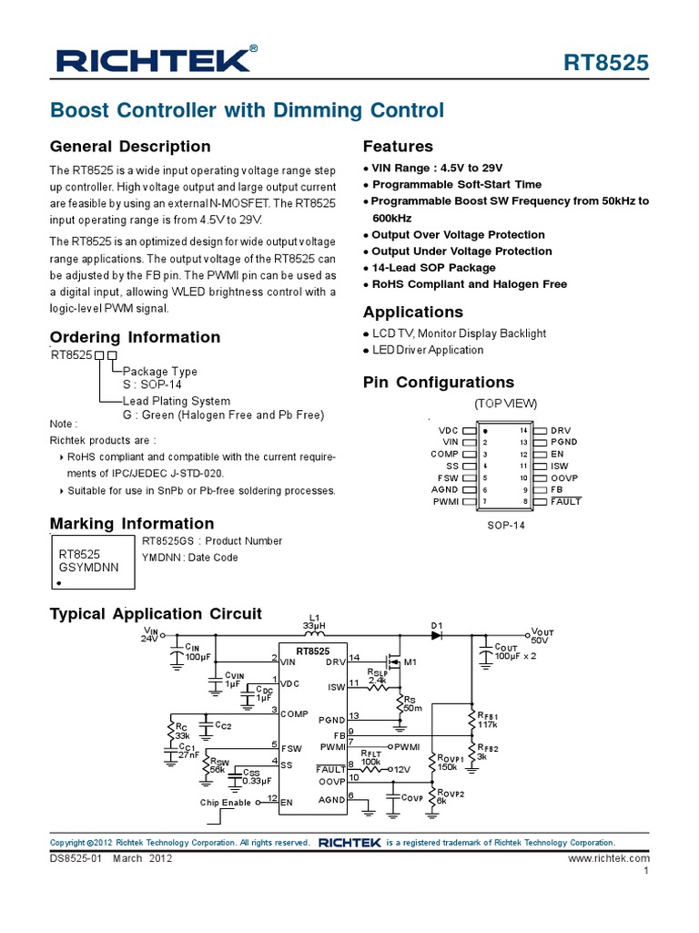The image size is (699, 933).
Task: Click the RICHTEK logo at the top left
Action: point(153,61)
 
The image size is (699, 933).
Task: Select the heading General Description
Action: point(130,147)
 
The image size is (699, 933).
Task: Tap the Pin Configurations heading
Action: point(438,382)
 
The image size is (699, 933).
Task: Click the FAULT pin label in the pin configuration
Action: point(565,501)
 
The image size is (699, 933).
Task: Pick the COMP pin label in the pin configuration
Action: point(445,453)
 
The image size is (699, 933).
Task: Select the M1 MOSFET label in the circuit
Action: point(410,661)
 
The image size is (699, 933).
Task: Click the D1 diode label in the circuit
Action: point(437,624)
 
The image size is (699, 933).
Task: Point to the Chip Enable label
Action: point(226,803)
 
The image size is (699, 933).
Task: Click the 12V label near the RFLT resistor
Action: point(403,770)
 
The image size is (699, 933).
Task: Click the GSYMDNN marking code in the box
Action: point(88,567)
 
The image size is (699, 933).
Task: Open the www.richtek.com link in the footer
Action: point(609,858)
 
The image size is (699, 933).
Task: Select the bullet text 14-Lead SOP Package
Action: point(433,268)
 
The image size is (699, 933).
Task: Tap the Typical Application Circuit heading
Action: point(156,614)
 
